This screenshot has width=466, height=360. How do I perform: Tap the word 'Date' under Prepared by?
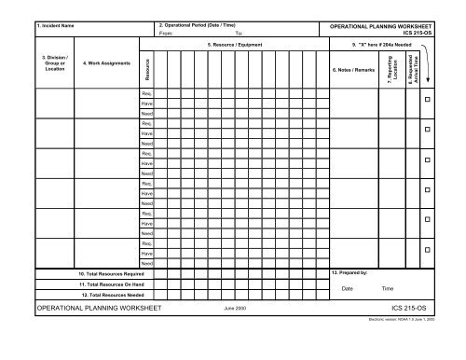click(348, 289)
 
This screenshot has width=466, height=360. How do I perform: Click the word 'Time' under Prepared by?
click(388, 289)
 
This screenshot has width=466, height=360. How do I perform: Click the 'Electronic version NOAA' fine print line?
click(400, 319)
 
